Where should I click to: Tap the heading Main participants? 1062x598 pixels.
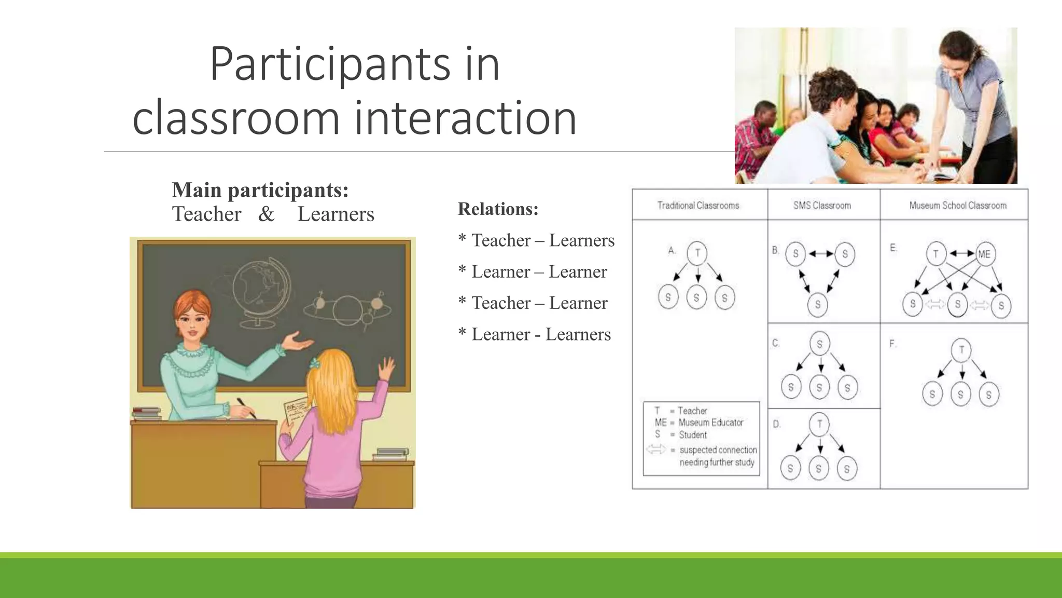260,190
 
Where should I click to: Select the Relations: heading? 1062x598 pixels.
498,209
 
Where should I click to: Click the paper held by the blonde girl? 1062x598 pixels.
296,410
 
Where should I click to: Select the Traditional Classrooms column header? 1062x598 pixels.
698,206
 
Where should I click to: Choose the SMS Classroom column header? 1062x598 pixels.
822,206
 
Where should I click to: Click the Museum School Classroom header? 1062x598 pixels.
957,206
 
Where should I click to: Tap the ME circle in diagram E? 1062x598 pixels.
984,254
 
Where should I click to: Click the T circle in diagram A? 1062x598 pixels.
697,253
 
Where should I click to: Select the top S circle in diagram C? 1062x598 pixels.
819,344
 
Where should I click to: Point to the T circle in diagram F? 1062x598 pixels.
961,349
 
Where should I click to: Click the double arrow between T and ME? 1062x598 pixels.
961,254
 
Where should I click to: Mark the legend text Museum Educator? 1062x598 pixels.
710,423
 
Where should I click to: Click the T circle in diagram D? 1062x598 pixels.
819,424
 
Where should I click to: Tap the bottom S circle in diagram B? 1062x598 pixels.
818,304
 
